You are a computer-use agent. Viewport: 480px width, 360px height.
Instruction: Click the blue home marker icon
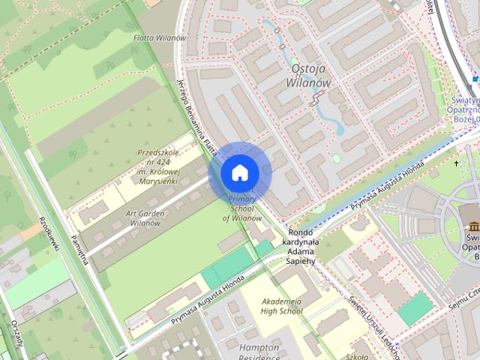[x=240, y=173]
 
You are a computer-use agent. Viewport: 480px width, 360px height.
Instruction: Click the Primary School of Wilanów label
[x=242, y=208]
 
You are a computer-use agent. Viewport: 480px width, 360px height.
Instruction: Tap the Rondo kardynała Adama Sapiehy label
[x=302, y=247]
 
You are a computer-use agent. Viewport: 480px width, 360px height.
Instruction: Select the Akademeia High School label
[x=281, y=307]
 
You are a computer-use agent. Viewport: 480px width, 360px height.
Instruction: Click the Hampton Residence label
[x=259, y=352]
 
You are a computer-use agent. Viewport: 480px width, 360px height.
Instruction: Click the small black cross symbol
[x=456, y=163]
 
